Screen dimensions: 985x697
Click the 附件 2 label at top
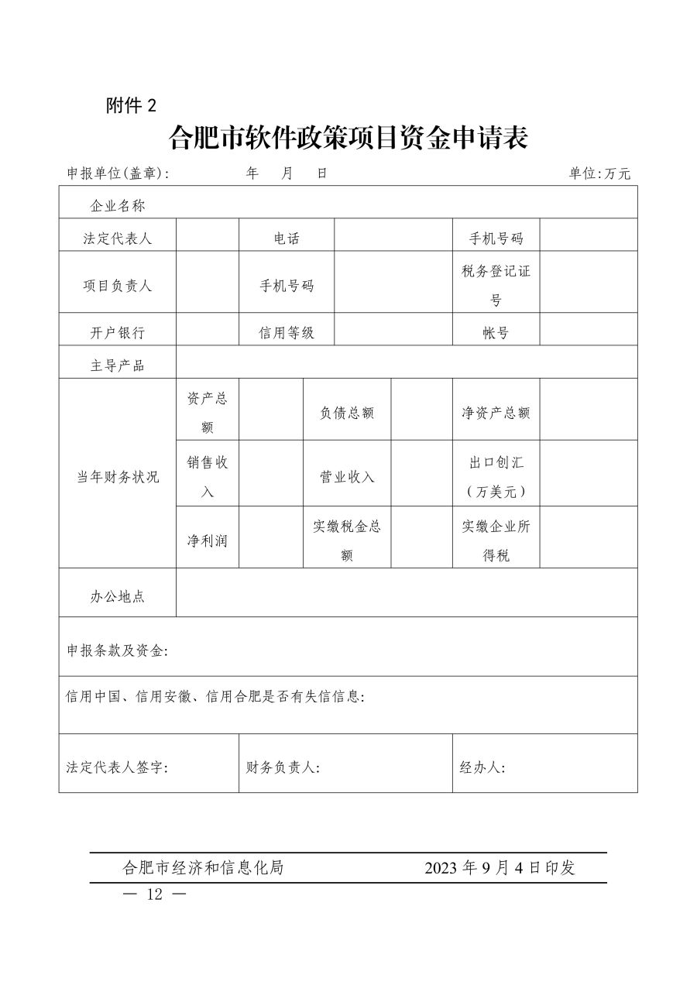pyautogui.click(x=131, y=107)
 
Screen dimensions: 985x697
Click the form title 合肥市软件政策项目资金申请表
pyautogui.click(x=348, y=139)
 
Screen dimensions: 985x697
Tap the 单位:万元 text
pyautogui.click(x=599, y=173)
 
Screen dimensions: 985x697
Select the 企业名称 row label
pyautogui.click(x=118, y=206)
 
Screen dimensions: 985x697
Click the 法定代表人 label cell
pyautogui.click(x=118, y=239)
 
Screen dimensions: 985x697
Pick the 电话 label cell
pyautogui.click(x=287, y=239)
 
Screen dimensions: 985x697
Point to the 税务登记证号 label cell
pyautogui.click(x=496, y=286)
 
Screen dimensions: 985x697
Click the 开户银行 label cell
pyautogui.click(x=118, y=333)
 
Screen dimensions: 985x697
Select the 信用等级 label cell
pyautogui.click(x=287, y=333)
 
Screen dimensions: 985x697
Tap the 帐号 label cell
pyautogui.click(x=496, y=333)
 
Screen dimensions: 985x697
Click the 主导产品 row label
pyautogui.click(x=118, y=366)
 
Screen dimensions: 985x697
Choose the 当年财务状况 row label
pyautogui.click(x=118, y=477)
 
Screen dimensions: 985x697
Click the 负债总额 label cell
pyautogui.click(x=347, y=413)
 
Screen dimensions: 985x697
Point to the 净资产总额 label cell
pyautogui.click(x=496, y=413)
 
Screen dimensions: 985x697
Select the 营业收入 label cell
pyautogui.click(x=347, y=477)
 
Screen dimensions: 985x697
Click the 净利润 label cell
pyautogui.click(x=208, y=541)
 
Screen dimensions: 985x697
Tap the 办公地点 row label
pyautogui.click(x=118, y=596)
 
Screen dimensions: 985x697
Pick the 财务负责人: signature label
pyautogui.click(x=283, y=767)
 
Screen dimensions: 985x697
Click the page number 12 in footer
pyautogui.click(x=156, y=894)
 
